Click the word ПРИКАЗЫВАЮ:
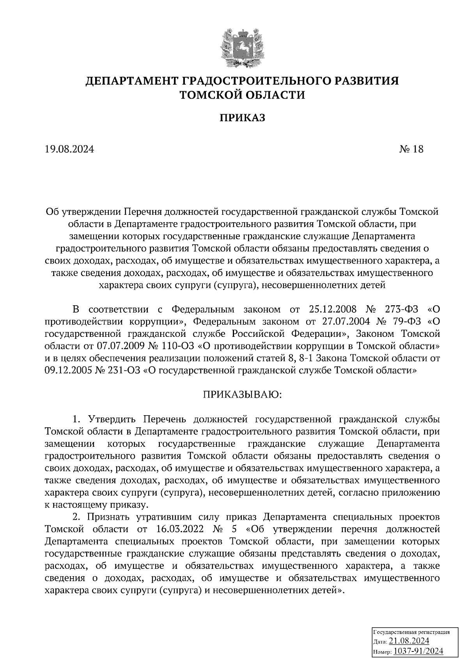click(x=241, y=395)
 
